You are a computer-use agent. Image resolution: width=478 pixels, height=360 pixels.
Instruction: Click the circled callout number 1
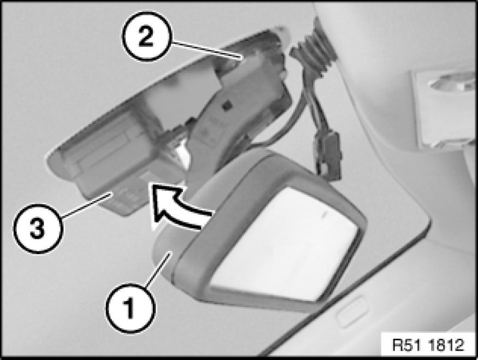[131, 309]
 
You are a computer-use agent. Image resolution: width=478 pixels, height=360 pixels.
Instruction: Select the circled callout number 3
[38, 229]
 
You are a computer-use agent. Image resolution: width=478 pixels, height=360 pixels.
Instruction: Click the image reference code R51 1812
[428, 345]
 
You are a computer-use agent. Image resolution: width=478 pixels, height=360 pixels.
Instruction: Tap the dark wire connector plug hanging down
[329, 156]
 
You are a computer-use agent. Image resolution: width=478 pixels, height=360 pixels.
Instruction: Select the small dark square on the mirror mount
[227, 106]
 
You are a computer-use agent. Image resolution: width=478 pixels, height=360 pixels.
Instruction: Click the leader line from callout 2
[207, 50]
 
